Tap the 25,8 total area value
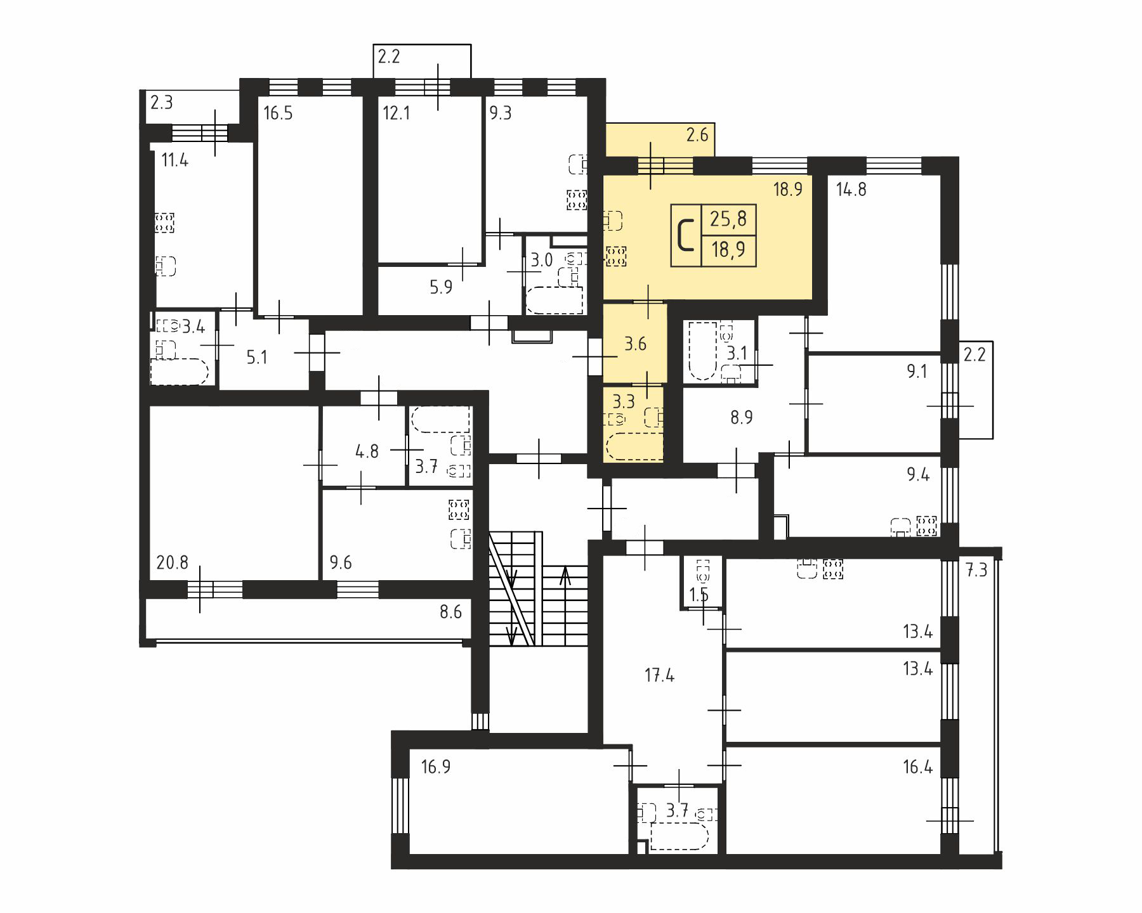(728, 219)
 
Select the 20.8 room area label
(172, 562)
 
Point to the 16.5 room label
(278, 114)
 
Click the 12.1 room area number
(397, 114)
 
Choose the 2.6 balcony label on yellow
(697, 134)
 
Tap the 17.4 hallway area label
(660, 676)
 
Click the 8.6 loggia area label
(450, 612)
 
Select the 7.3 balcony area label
(976, 571)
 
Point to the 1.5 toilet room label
(699, 595)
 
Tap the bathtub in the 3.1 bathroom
(700, 351)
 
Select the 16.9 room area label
(436, 767)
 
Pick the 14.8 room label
(851, 190)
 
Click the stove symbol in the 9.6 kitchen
(458, 509)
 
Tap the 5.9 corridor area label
(441, 288)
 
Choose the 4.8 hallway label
(367, 451)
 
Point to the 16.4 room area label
(918, 767)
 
